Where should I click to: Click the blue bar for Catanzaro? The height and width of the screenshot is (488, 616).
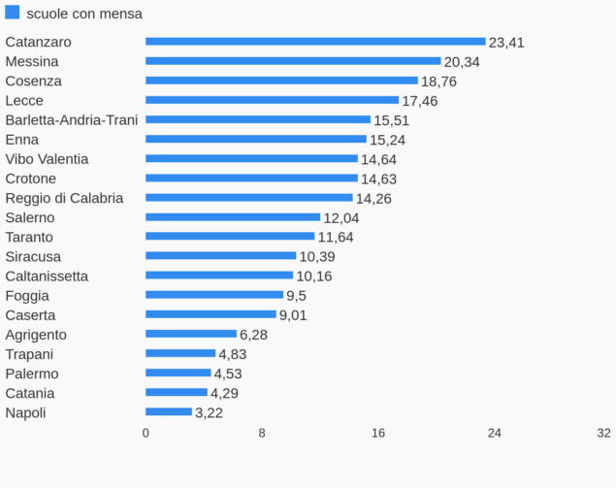coord(315,42)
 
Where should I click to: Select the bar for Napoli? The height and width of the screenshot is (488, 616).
coord(169,412)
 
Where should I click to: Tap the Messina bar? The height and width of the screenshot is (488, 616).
coord(293,61)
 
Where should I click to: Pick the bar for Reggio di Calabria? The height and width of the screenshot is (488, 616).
coord(249,198)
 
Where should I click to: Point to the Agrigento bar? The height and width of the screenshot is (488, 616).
coord(191,334)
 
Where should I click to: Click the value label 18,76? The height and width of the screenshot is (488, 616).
coord(438,81)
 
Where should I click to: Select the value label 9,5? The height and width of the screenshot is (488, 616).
coord(296,296)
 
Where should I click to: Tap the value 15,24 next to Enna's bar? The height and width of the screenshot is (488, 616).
coord(387,140)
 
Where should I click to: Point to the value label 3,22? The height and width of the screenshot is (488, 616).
coord(210,413)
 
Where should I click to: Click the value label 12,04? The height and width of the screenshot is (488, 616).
coord(341,218)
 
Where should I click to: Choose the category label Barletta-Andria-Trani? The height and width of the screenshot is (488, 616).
coord(72,119)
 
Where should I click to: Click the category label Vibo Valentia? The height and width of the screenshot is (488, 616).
coord(47,159)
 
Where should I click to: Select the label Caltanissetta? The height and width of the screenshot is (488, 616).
coord(47,277)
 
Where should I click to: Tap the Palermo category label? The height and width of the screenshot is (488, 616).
coord(32,374)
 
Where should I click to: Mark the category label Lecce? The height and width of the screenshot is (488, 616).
coord(24,100)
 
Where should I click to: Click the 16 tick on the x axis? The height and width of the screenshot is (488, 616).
coord(378,433)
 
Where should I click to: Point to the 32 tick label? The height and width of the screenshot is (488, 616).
coord(603,433)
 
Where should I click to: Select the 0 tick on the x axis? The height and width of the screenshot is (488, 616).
coord(146,433)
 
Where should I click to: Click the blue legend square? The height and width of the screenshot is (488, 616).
coord(13,13)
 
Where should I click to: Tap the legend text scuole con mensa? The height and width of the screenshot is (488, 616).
coord(85,14)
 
